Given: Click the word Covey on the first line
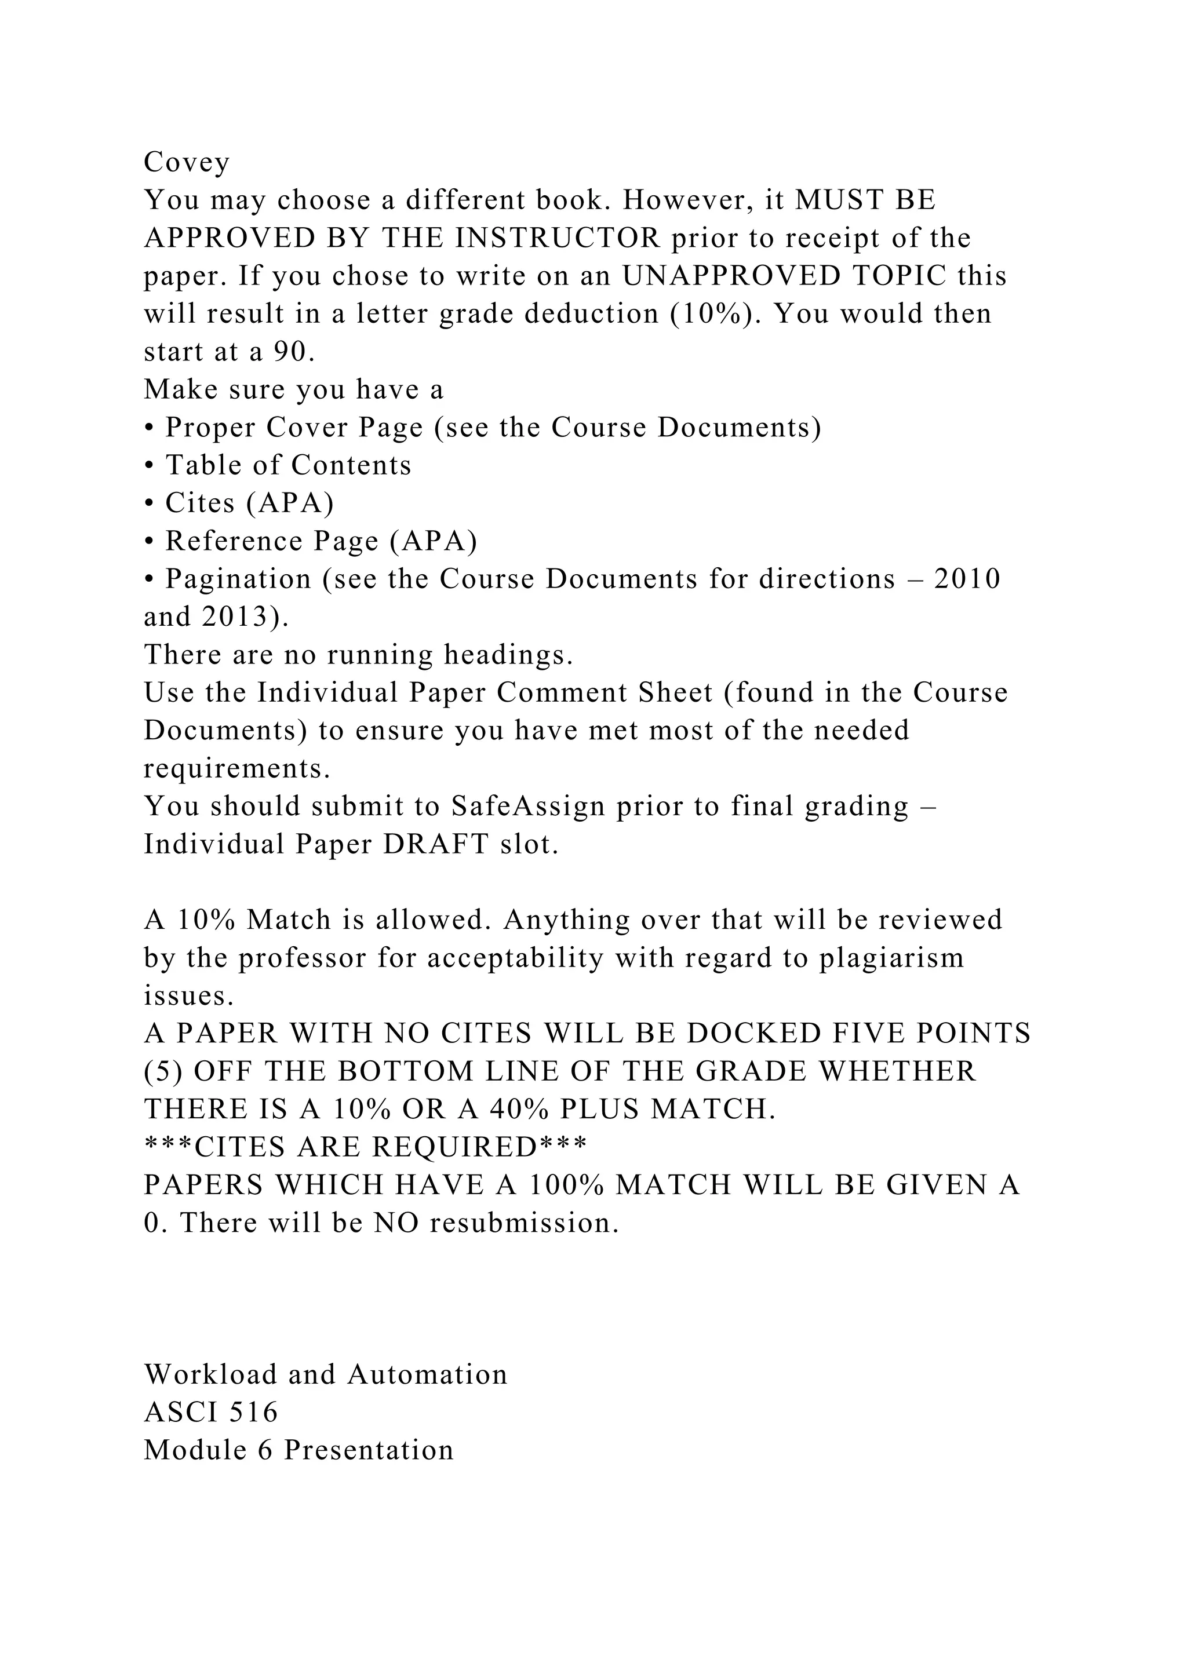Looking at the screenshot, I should tap(187, 162).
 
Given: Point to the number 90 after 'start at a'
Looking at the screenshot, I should tap(289, 352).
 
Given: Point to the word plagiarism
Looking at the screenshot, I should tap(891, 958).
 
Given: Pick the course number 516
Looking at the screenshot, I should tap(254, 1413).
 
